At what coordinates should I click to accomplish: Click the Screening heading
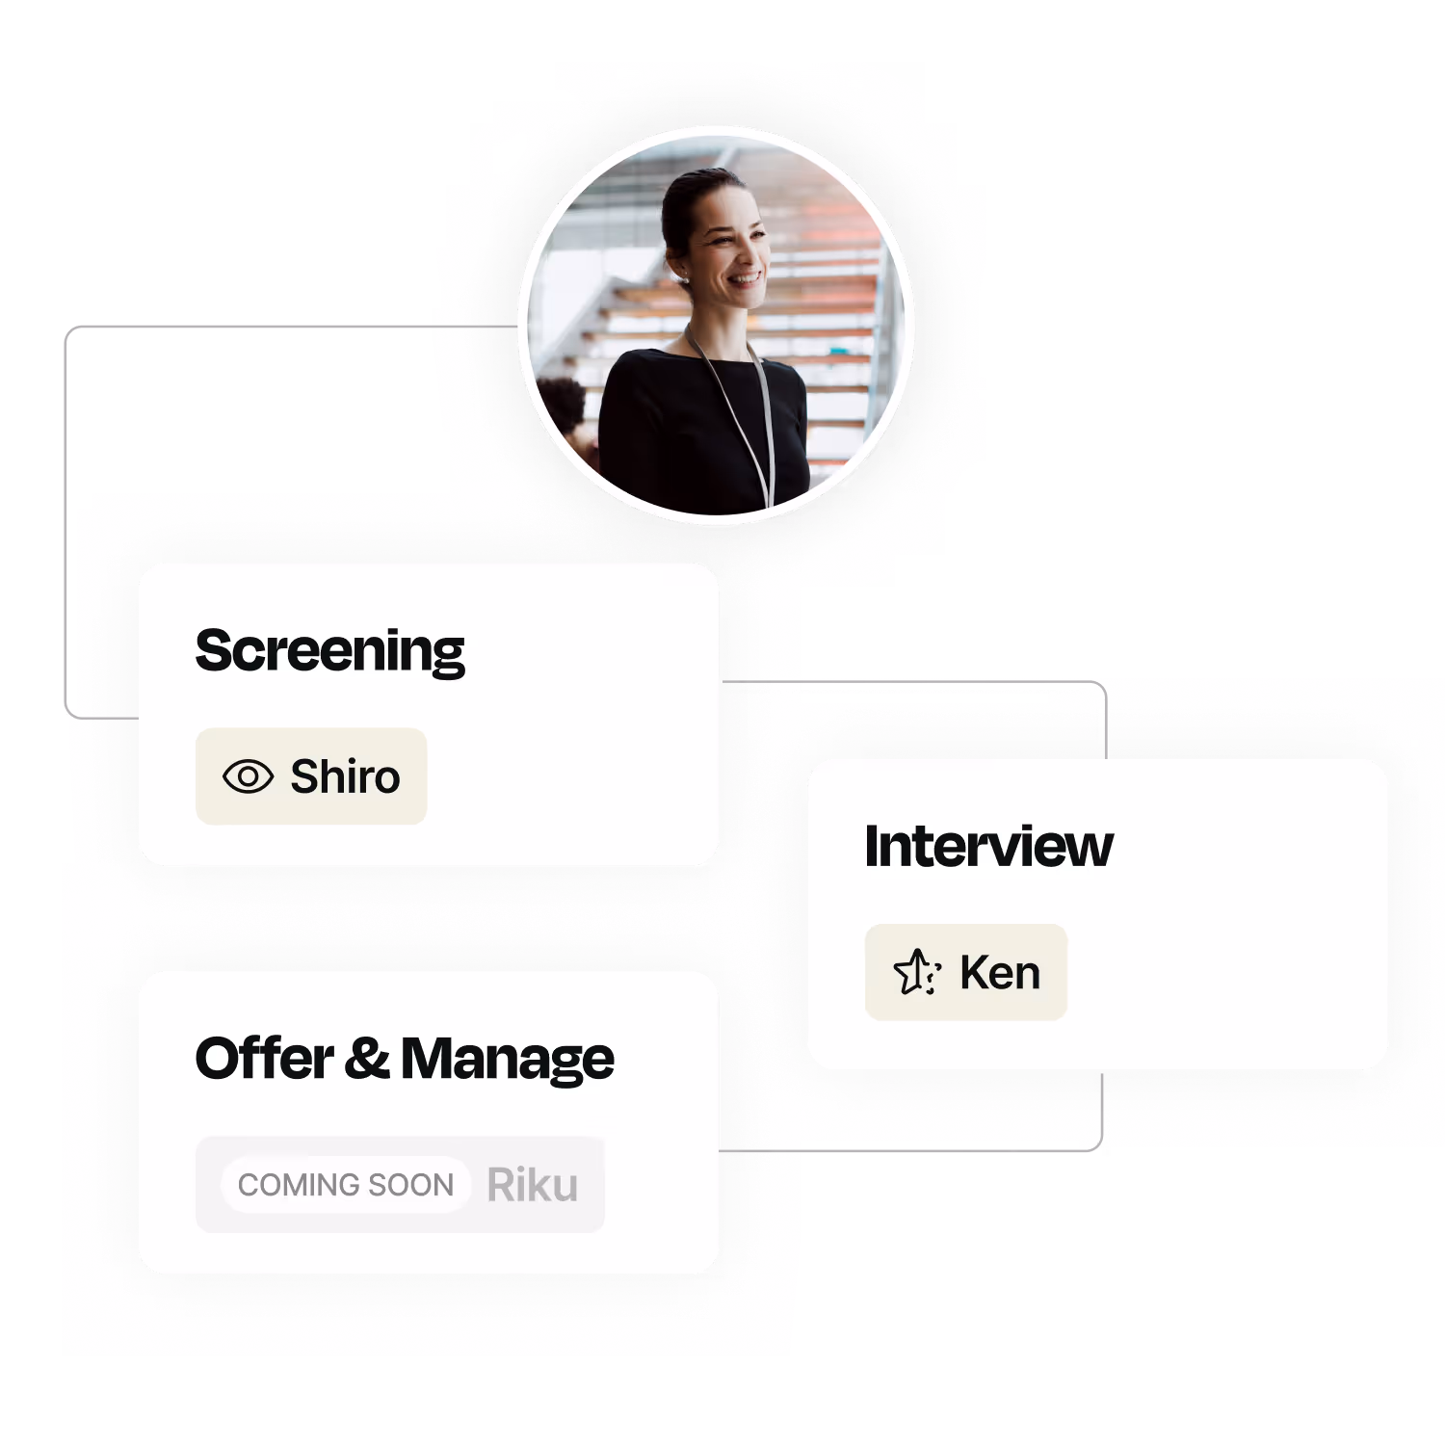click(329, 651)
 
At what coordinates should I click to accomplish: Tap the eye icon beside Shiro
click(248, 776)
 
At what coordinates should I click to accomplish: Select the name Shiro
click(345, 776)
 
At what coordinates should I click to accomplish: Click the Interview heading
click(988, 847)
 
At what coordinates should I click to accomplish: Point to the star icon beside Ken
click(916, 972)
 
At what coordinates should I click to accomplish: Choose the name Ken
click(1000, 973)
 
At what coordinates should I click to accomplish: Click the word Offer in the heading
click(264, 1058)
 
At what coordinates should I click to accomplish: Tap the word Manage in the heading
click(507, 1060)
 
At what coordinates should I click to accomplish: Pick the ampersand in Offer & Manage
click(367, 1058)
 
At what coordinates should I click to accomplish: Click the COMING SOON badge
click(346, 1185)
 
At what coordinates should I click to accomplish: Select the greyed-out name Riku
click(532, 1185)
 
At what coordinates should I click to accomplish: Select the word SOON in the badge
click(411, 1185)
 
